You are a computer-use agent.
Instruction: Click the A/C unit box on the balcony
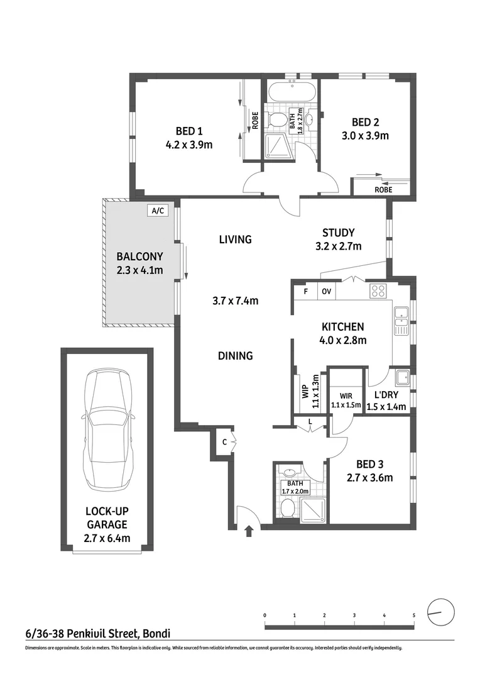point(157,211)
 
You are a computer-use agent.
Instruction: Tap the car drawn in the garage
point(107,429)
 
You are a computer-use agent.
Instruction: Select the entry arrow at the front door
point(249,531)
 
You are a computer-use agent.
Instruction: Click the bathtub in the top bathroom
point(292,92)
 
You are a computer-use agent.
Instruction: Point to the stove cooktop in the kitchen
point(378,291)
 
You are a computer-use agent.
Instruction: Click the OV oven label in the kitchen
point(326,292)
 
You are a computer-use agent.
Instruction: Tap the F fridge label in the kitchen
point(305,292)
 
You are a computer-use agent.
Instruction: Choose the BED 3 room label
point(369,464)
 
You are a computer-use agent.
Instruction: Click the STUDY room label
point(339,233)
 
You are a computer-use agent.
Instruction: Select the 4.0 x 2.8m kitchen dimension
point(343,340)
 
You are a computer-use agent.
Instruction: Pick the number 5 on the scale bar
point(414,616)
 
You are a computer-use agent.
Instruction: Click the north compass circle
point(441,612)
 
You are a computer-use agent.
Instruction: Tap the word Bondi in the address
point(157,634)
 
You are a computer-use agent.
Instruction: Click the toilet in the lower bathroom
point(287,507)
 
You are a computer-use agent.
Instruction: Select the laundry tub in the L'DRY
point(402,377)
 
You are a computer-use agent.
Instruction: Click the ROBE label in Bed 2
point(383,190)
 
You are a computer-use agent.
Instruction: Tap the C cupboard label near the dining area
point(224,442)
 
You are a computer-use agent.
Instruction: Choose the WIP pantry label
point(305,392)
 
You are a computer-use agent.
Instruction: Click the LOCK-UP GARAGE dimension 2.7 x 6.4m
point(107,538)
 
